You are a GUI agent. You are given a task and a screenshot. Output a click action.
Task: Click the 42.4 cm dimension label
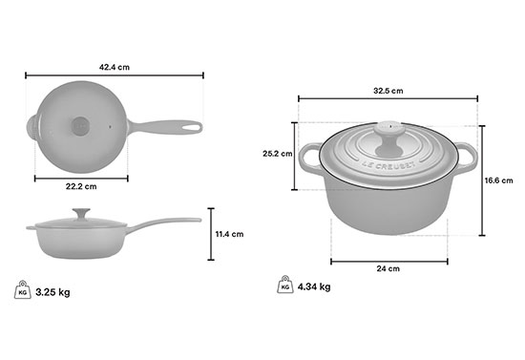coord(115,67)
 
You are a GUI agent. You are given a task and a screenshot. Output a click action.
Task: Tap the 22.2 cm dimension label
coord(81,186)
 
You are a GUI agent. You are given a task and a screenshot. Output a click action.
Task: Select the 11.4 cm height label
coord(229,234)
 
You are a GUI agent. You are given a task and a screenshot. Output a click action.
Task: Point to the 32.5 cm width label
coord(388,91)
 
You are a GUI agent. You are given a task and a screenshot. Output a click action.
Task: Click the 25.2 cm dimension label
coord(277,154)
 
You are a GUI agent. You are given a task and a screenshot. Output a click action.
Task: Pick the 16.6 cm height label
coord(499,180)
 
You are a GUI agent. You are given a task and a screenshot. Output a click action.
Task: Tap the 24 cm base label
coord(388,268)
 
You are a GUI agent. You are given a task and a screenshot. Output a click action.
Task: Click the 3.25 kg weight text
coord(52,292)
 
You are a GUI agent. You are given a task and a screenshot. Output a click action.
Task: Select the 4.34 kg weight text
coord(314,287)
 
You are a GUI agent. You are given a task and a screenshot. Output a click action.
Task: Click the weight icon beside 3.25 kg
coord(23,290)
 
